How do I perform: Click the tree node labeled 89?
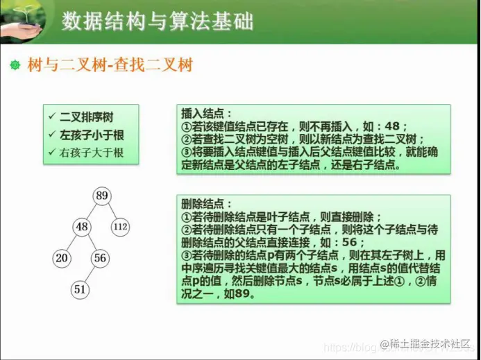[102, 196]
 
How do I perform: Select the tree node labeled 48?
[83, 226]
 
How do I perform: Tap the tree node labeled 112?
[121, 226]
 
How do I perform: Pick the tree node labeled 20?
[62, 258]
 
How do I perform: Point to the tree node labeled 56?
[100, 258]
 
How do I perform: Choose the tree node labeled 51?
[81, 289]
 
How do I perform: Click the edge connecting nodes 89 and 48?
[92, 211]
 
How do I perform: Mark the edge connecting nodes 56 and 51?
[90, 274]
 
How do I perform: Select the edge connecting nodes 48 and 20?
[72, 242]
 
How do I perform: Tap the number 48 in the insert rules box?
[392, 126]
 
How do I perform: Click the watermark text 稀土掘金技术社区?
[430, 344]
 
